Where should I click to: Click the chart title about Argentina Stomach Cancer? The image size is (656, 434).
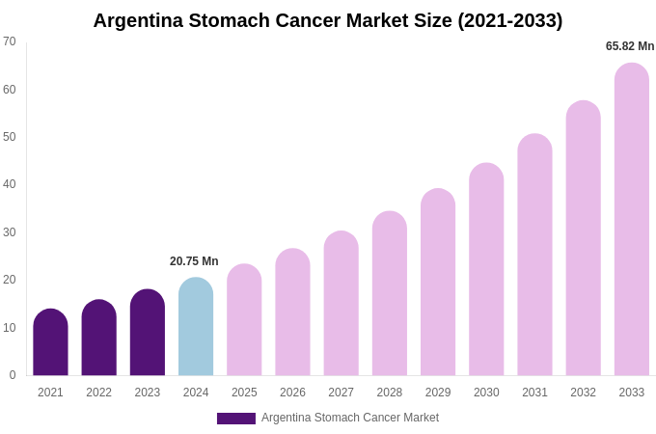tap(328, 20)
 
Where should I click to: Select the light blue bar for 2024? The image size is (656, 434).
tap(196, 328)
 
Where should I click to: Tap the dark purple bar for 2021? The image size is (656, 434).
tap(50, 343)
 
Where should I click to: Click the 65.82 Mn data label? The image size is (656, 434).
tap(630, 46)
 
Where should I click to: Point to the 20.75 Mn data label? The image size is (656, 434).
tap(194, 261)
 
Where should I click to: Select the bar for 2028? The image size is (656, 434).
tap(390, 294)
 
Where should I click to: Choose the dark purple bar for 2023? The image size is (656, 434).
tap(148, 334)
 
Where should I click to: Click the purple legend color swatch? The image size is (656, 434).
tap(236, 419)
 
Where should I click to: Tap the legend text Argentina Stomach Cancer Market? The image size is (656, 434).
tap(350, 418)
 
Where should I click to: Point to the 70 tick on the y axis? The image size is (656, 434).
tap(10, 41)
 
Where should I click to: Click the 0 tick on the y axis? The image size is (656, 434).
tap(13, 375)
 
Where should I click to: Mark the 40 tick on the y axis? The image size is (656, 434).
tap(10, 184)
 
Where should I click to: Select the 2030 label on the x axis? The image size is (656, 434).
tap(486, 393)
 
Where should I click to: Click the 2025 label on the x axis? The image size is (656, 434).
tap(244, 393)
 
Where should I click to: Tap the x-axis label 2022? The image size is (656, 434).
tap(98, 393)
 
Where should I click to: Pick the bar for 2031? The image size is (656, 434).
tap(534, 256)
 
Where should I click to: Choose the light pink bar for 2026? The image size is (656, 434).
tap(292, 312)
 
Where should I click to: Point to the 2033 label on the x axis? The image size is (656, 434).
tap(632, 393)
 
